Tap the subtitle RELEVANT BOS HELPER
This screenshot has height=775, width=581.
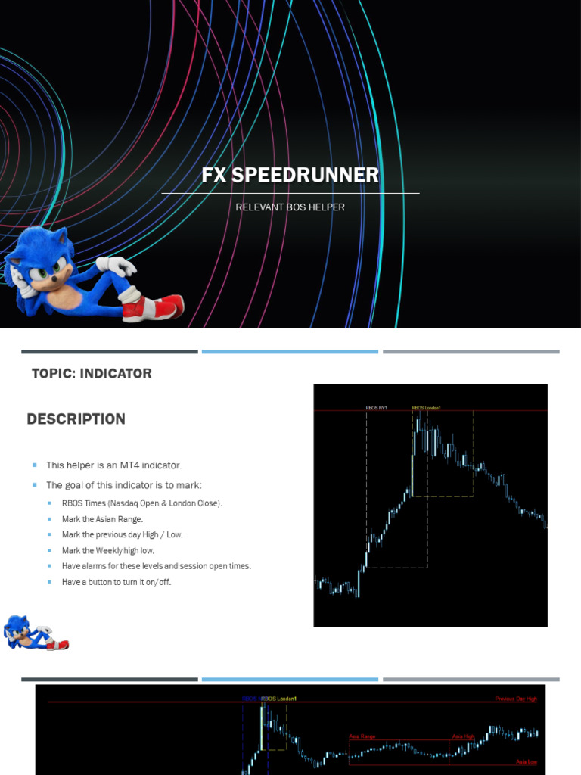[290, 207]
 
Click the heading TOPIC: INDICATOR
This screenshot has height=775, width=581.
[92, 373]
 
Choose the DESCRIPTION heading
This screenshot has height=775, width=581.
[76, 419]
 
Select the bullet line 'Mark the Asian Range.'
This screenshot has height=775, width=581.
[102, 519]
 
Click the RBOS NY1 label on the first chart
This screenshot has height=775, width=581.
[376, 408]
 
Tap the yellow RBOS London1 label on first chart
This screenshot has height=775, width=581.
[426, 408]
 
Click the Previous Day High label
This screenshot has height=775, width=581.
[516, 699]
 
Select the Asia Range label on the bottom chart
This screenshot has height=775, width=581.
[362, 736]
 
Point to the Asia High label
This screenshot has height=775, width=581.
[463, 736]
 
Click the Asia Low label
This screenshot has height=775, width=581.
[527, 762]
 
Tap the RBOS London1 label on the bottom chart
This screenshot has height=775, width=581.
[279, 699]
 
